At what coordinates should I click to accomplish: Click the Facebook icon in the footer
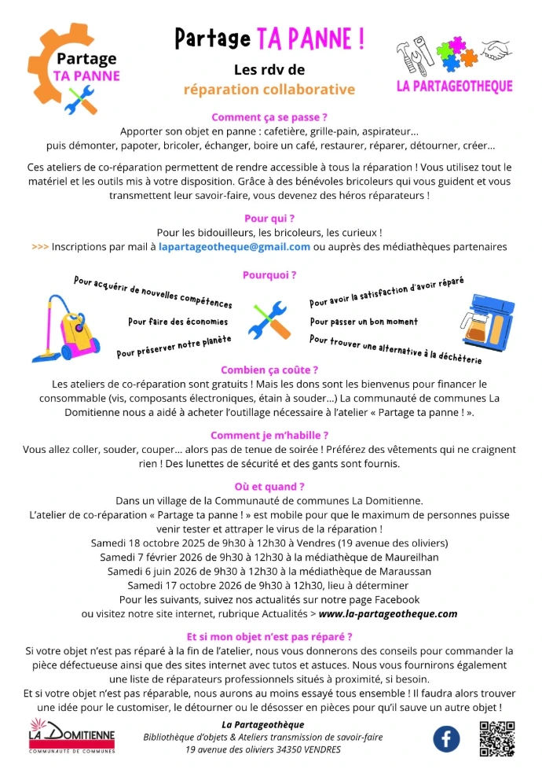click(447, 738)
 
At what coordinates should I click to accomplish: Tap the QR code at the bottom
click(496, 738)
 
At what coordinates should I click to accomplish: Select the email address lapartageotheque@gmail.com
click(234, 246)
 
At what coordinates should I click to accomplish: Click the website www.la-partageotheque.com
click(388, 613)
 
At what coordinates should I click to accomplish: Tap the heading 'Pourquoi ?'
click(269, 275)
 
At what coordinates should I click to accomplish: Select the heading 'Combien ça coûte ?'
click(269, 370)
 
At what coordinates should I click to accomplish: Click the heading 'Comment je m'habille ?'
click(269, 435)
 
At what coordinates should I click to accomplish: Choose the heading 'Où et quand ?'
click(269, 487)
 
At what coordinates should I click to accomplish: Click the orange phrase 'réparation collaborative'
click(269, 90)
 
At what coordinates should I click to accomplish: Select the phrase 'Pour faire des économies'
click(178, 322)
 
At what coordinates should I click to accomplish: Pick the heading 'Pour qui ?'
click(269, 218)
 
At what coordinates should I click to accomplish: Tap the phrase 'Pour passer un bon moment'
click(364, 322)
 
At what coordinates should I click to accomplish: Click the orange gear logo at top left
click(75, 68)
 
